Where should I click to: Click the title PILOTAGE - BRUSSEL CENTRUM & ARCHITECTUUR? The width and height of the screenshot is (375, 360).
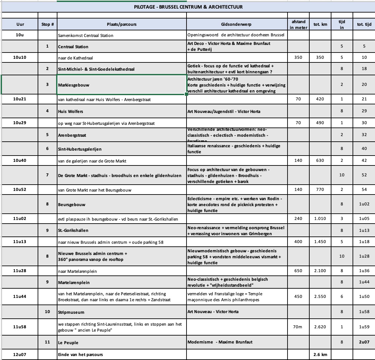tap(188, 7)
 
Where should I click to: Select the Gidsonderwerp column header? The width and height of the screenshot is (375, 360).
tap(237, 24)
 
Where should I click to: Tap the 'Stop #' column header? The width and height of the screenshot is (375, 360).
tap(48, 24)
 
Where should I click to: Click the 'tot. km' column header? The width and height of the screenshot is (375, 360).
tap(320, 24)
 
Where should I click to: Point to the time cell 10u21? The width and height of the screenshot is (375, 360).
tap(20, 99)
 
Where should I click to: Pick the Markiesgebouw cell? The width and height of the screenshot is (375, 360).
tap(74, 85)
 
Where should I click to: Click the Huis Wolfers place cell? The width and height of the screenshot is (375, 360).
tap(71, 111)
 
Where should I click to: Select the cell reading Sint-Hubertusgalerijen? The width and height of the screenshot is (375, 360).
tap(80, 149)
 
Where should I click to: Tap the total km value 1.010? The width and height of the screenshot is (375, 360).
tap(320, 218)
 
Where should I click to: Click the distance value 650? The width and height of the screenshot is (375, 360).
tap(298, 271)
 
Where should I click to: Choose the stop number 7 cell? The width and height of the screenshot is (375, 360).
tap(48, 175)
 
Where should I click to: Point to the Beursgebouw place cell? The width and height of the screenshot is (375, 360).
tap(72, 204)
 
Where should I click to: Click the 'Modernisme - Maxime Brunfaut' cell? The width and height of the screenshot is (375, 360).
tap(220, 342)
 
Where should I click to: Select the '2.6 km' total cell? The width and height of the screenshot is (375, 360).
tap(320, 355)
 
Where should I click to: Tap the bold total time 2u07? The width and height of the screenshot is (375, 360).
tap(364, 342)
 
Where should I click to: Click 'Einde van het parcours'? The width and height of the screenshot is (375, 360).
tap(81, 355)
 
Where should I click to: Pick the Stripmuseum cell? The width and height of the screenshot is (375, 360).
tap(71, 312)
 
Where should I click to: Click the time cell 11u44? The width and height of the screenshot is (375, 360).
tap(20, 296)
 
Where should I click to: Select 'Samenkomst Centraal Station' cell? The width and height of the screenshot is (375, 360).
tap(85, 35)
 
